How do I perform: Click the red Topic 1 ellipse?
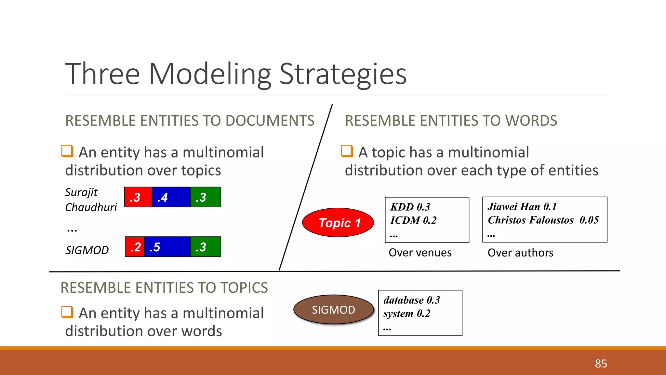tap(338, 223)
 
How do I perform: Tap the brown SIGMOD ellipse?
tap(333, 310)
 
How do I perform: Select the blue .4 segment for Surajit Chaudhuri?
tap(171, 197)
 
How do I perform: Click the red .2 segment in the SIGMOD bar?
tap(135, 247)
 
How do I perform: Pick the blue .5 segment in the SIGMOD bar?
tap(167, 247)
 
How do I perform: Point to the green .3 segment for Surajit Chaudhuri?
tap(205, 197)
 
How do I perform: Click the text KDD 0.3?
tap(410, 207)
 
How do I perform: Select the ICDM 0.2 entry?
tap(413, 220)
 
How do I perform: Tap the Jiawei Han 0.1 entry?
tap(522, 207)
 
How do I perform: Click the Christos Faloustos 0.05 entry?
tap(543, 220)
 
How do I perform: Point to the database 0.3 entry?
tap(411, 300)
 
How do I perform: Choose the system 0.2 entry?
tap(407, 313)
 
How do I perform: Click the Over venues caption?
tap(420, 253)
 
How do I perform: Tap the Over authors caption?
tap(520, 253)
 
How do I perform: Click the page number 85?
tap(601, 363)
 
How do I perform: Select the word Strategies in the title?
tap(343, 74)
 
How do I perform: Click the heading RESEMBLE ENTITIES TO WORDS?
tap(451, 121)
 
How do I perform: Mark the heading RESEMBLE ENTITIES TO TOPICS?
tap(164, 288)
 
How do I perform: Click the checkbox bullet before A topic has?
tap(347, 151)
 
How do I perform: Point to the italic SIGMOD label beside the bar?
tap(87, 250)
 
